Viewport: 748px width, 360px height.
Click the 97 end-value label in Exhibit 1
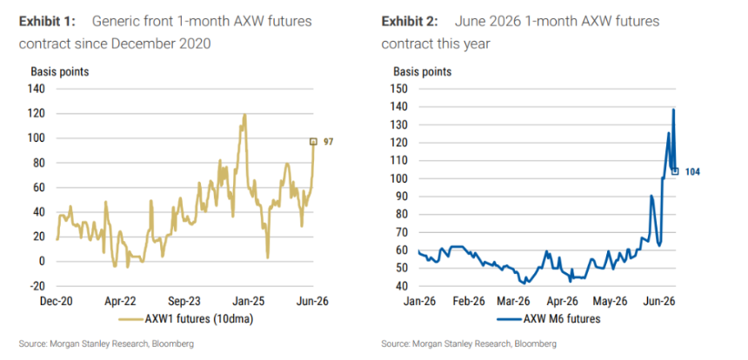point(328,142)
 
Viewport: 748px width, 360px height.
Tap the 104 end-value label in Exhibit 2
point(692,172)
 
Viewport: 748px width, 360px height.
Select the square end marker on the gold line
point(313,142)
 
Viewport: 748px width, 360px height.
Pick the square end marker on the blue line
point(675,171)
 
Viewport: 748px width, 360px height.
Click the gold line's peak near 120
point(244,115)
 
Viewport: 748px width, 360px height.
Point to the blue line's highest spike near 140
point(673,110)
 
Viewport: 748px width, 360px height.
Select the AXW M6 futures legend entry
point(548,319)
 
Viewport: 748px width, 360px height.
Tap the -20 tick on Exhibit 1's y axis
point(38,286)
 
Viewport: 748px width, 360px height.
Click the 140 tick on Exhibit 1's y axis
point(37,90)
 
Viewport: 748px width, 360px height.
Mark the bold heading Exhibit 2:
point(411,22)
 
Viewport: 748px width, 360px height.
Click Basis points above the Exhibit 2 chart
point(423,72)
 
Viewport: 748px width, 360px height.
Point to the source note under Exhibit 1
point(106,343)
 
